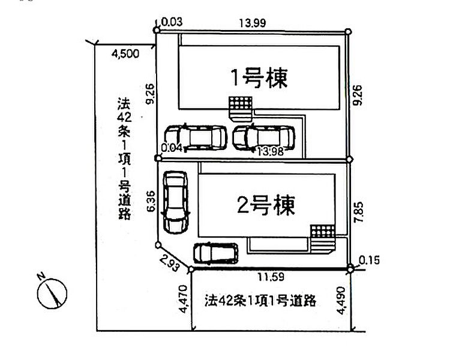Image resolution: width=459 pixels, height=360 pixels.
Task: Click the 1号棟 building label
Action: [x=259, y=79]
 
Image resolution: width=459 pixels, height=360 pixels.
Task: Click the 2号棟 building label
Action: [x=266, y=205]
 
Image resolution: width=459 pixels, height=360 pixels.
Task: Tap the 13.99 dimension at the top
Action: [x=253, y=23]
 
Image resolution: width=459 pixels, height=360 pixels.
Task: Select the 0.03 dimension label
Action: [x=172, y=22]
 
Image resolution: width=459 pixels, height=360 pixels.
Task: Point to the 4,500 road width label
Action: [x=125, y=54]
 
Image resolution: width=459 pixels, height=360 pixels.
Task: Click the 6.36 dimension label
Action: [x=151, y=201]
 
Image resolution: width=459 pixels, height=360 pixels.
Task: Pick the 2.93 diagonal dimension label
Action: [x=170, y=263]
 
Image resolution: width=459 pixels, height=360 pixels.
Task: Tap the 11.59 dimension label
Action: [x=271, y=277]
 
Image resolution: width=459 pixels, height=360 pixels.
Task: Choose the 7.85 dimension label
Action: [x=359, y=212]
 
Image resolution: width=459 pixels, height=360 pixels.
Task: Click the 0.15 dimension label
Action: [x=369, y=260]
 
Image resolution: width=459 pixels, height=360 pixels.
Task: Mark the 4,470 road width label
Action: [x=183, y=299]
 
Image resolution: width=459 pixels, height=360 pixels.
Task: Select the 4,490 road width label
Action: [x=341, y=300]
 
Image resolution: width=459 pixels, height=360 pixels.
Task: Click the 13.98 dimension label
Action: [x=271, y=151]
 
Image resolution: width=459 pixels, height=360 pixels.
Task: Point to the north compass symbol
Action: [x=52, y=292]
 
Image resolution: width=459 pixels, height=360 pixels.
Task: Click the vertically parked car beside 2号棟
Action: [x=175, y=202]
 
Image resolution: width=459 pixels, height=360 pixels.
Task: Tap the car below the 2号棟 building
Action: [x=216, y=253]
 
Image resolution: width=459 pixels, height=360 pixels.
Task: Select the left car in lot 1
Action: [x=196, y=137]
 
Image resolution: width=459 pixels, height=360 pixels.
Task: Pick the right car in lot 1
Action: [x=263, y=137]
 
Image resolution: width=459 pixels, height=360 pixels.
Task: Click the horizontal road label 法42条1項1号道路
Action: [x=260, y=301]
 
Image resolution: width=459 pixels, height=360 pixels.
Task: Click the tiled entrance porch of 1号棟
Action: [x=241, y=109]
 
